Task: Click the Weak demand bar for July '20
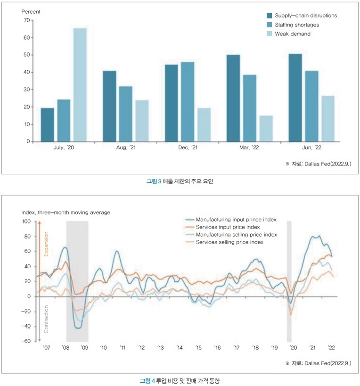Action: coord(80,85)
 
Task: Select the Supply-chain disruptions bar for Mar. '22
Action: coord(233,98)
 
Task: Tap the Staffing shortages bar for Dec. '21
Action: coord(187,101)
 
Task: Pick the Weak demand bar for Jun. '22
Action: coord(327,118)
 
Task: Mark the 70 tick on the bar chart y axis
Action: coord(26,20)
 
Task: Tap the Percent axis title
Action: coord(31,11)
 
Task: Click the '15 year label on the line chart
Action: coord(198,348)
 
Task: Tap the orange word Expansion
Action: coord(46,244)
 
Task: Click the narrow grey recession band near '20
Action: coord(289,281)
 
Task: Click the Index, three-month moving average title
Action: coord(65,213)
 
